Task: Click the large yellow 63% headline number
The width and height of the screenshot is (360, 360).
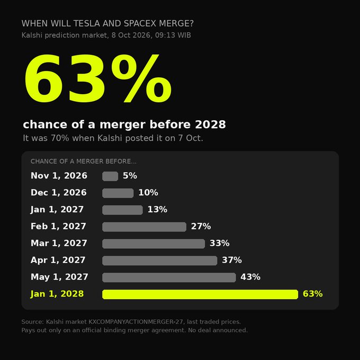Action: click(98, 78)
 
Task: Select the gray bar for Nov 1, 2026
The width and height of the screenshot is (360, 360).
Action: click(110, 176)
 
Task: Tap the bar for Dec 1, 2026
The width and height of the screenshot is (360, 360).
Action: click(118, 193)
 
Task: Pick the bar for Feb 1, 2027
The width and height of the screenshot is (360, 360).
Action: click(144, 227)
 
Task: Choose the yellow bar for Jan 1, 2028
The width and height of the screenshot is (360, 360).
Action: click(200, 294)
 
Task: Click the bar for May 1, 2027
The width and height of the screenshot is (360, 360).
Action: click(169, 277)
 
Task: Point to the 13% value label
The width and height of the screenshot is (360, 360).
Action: click(157, 210)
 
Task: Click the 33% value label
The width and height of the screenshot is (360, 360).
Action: click(220, 243)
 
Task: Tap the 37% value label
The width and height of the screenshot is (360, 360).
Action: click(232, 260)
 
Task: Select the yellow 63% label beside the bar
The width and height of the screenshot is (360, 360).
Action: click(313, 294)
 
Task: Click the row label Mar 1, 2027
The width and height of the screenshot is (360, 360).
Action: click(59, 243)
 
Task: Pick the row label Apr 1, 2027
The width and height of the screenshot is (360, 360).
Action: click(58, 260)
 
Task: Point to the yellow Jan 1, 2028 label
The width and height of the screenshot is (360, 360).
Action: click(57, 294)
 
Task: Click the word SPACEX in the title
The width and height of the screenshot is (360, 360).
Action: click(140, 23)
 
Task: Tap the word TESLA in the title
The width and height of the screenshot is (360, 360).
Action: click(87, 23)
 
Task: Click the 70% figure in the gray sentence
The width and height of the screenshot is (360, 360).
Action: click(60, 138)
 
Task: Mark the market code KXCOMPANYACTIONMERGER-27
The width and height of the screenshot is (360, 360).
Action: click(136, 322)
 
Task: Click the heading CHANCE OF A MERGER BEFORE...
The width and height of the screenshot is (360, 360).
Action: click(84, 161)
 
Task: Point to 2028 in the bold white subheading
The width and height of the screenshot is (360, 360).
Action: click(210, 124)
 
